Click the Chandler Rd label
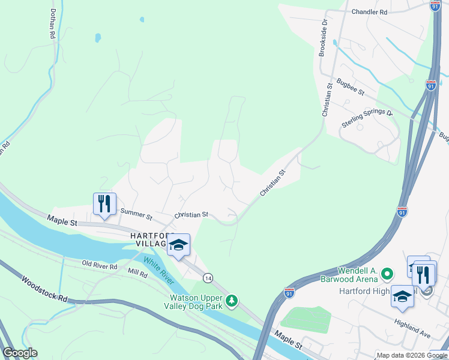point(369,11)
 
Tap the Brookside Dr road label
point(324,37)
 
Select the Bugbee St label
point(351,87)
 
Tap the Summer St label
point(136,212)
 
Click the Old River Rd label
point(100,264)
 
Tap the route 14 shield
point(208,278)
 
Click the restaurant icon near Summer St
point(104,205)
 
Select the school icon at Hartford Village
point(178,245)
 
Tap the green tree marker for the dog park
point(232,300)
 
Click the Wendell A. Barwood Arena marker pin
point(387,275)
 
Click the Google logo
point(20,353)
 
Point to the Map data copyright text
point(412,355)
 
